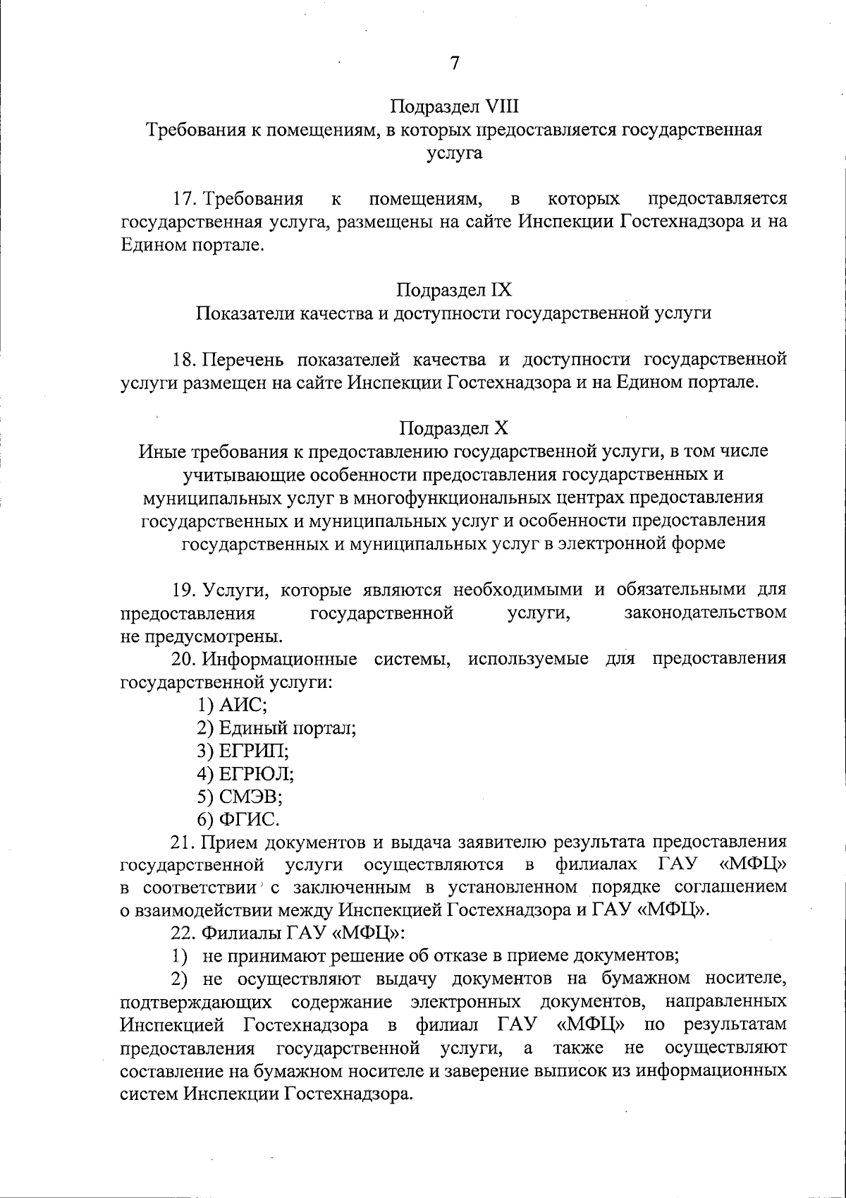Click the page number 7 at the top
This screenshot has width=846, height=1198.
(455, 63)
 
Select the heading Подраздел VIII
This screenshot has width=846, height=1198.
(454, 107)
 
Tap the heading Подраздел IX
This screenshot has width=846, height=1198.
(454, 290)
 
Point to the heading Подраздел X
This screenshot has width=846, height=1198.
(454, 428)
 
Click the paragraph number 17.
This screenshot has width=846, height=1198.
(187, 198)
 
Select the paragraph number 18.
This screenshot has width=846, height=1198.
(186, 360)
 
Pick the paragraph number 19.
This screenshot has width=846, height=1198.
(187, 590)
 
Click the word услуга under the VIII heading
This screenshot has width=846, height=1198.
(454, 153)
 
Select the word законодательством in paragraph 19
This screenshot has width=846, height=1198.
(705, 612)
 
